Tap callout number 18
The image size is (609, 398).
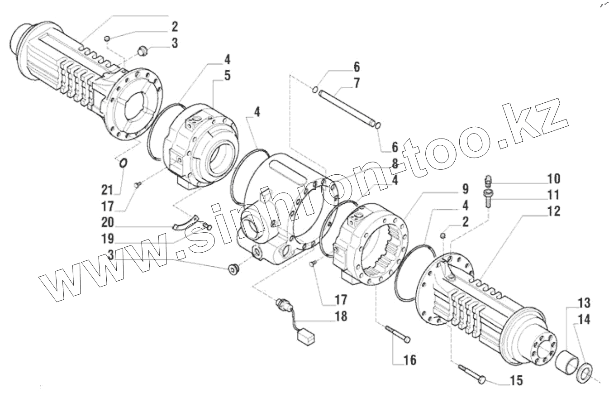[341, 316]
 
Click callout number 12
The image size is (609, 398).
[552, 211]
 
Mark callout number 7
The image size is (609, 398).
[357, 83]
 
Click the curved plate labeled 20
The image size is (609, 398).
[187, 221]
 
